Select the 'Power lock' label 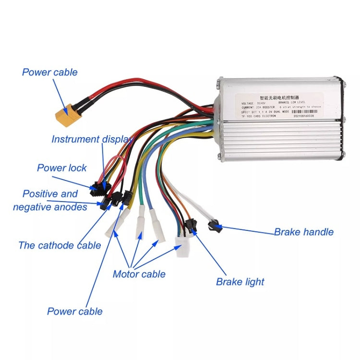click(x=62, y=168)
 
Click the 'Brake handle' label click(x=303, y=232)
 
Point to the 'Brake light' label click(x=240, y=282)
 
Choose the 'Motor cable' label click(x=139, y=274)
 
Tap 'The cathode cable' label click(x=60, y=245)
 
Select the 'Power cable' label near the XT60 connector click(x=49, y=72)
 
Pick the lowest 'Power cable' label click(x=74, y=311)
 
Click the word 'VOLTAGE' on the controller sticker click(x=249, y=103)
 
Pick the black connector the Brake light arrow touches click(x=190, y=225)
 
